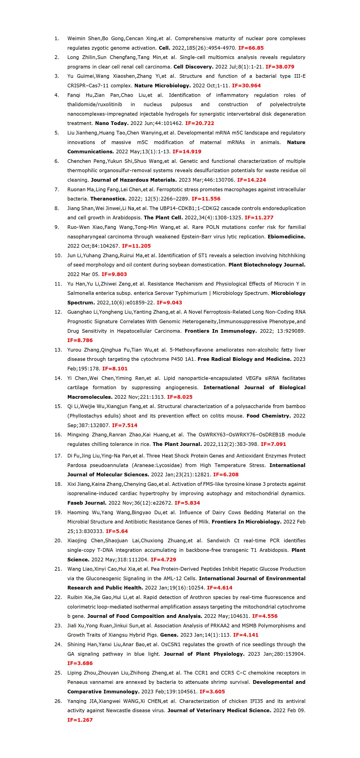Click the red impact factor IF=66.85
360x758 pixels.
tap(251, 48)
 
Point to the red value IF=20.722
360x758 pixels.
tap(200, 123)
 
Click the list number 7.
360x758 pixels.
tap(56, 190)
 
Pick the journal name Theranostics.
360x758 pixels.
tap(108, 199)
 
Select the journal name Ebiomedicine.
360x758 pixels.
tap(287, 237)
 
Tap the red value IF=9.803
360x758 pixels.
tap(114, 274)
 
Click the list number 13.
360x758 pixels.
tap(58, 350)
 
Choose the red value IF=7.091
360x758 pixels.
tap(273, 444)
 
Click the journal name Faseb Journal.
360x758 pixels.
tap(87, 503)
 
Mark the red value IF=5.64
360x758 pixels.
tap(117, 531)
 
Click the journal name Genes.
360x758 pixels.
tap(169, 635)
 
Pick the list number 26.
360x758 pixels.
tap(58, 701)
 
